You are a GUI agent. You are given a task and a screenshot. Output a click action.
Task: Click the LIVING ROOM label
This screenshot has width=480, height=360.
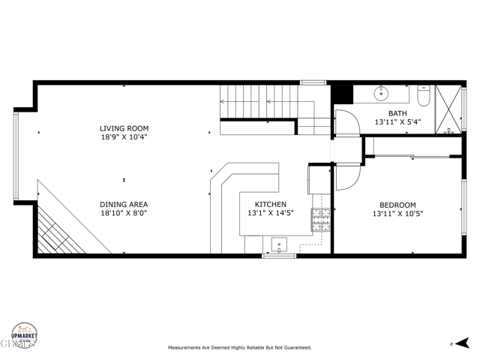pos(124,128)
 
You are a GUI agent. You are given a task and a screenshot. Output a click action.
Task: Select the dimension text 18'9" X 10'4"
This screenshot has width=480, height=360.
pos(124,137)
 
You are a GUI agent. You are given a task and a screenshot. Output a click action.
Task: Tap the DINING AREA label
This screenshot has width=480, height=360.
pos(124,204)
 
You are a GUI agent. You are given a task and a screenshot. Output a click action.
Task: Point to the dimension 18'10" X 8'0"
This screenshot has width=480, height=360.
pos(124,213)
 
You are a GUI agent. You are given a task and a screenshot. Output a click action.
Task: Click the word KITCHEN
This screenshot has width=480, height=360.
pos(270,204)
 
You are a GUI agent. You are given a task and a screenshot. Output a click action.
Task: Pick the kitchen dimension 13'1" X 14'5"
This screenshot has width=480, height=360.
pos(270,213)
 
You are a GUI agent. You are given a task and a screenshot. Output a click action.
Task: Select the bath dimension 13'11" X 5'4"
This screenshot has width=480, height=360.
pos(399,121)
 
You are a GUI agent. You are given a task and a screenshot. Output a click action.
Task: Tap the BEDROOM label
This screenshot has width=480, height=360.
pos(397,205)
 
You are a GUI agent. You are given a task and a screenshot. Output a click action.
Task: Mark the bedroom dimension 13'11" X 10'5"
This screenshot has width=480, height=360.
pos(397,214)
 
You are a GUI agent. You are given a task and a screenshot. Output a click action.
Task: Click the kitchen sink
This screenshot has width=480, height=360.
pos(279,244)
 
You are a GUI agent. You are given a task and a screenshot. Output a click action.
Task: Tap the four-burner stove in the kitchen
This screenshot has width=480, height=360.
pos(321,218)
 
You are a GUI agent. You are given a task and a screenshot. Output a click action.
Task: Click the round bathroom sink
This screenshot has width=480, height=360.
pos(380,94)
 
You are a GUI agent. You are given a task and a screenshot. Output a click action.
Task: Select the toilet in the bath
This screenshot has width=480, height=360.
pos(422,95)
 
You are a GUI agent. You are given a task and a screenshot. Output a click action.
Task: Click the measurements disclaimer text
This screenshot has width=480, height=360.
pos(239,348)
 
